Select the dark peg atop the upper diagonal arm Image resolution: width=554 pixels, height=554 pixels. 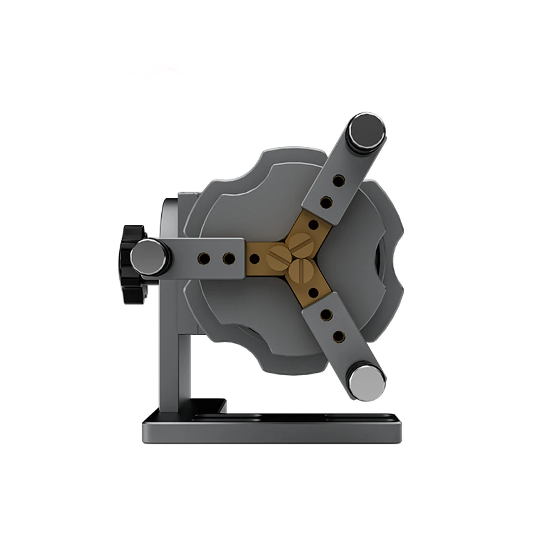(x=365, y=133)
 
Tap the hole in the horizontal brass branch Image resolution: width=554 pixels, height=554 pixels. (x=254, y=258)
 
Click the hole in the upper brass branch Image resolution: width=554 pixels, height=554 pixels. (x=313, y=225)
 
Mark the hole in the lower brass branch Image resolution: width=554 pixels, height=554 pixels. (x=313, y=292)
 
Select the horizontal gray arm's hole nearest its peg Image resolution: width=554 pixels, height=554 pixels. (x=205, y=258)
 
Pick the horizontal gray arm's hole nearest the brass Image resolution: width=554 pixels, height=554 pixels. (x=228, y=258)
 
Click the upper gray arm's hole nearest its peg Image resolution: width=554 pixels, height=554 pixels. (x=337, y=181)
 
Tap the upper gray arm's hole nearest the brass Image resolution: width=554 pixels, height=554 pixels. (x=326, y=202)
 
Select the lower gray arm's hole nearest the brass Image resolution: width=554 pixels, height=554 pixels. (x=327, y=315)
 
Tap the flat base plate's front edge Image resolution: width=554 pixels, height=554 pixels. (x=271, y=435)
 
